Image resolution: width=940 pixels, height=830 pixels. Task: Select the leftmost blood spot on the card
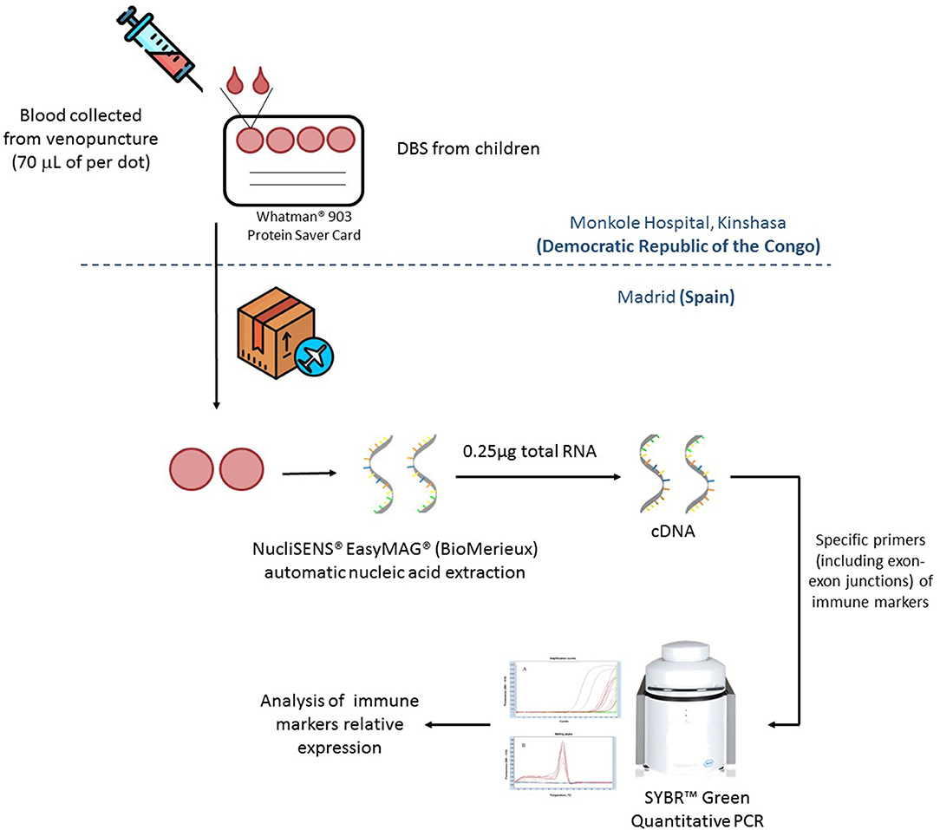pyautogui.click(x=249, y=139)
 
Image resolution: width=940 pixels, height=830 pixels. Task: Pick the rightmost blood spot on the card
pyautogui.click(x=342, y=139)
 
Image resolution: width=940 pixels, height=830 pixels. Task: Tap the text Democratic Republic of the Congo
pyautogui.click(x=678, y=245)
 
